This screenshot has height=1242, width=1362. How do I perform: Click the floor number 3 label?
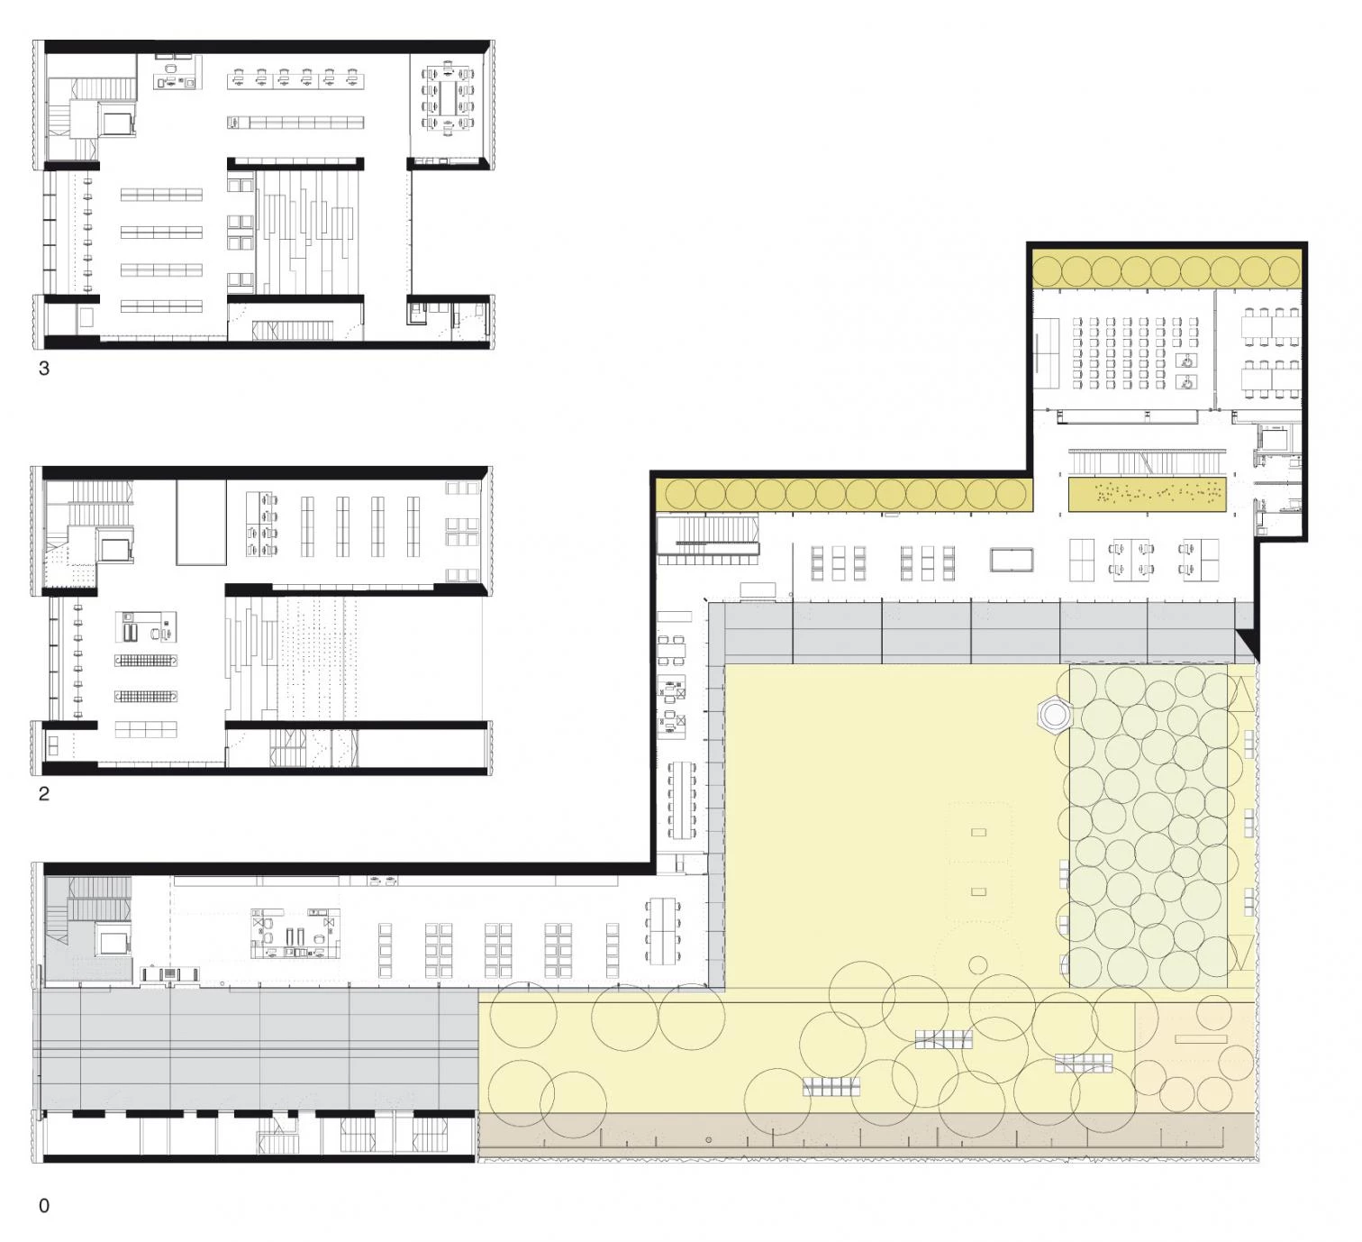tap(44, 369)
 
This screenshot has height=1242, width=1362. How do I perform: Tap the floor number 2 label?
tap(44, 794)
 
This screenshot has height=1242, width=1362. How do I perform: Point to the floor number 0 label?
tap(44, 1206)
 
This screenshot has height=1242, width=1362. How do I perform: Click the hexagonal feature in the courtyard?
tap(1055, 714)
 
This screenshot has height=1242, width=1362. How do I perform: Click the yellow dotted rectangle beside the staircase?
tap(1147, 494)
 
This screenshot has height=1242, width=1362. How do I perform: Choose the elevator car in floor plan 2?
tap(114, 550)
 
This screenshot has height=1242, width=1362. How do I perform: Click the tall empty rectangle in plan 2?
tap(201, 522)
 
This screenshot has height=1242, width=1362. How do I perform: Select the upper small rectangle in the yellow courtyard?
tap(978, 832)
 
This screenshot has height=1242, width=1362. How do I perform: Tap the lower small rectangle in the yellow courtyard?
tap(978, 892)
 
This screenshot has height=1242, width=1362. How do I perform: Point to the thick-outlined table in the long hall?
tap(1012, 560)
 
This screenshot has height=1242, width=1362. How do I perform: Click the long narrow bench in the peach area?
tap(1201, 1039)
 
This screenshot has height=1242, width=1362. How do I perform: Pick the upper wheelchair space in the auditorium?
tap(1186, 361)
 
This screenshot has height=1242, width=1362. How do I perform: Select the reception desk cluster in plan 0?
tap(295, 934)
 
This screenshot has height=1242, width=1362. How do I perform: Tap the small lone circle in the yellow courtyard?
tap(977, 964)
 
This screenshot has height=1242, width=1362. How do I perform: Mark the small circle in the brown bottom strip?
tap(708, 1139)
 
